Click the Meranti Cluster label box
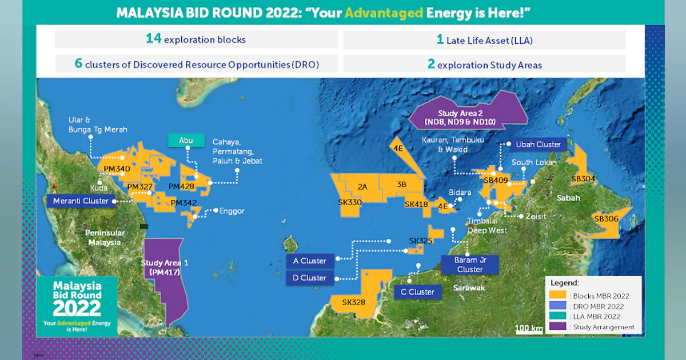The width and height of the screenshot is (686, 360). click(81, 201)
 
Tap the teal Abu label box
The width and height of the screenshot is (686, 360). click(186, 141)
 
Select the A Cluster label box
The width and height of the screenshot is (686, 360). click(309, 261)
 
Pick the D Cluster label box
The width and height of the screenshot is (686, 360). click(309, 278)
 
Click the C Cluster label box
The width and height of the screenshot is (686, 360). click(417, 292)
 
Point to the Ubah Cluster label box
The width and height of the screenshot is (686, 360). click(538, 145)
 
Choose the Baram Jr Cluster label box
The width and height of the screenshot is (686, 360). click(469, 265)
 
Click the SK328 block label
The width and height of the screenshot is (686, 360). click(354, 302)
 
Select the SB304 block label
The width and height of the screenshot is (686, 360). click(583, 179)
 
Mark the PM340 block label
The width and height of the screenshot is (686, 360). click(117, 169)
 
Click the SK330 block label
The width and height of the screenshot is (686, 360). click(350, 202)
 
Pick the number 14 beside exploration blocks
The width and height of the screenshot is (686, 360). click(153, 39)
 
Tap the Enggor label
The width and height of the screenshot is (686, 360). click(232, 211)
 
